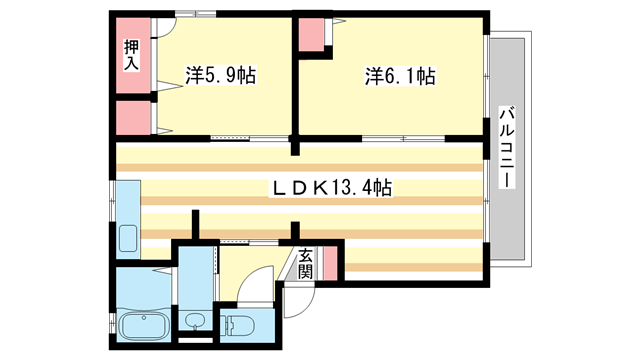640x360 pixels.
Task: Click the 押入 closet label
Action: pyautogui.click(x=132, y=54)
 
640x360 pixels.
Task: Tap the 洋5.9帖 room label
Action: pyautogui.click(x=221, y=75)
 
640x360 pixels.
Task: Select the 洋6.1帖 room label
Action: pyautogui.click(x=399, y=75)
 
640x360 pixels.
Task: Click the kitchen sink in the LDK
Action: pyautogui.click(x=127, y=239)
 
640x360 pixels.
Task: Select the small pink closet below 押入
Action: pyautogui.click(x=132, y=118)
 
